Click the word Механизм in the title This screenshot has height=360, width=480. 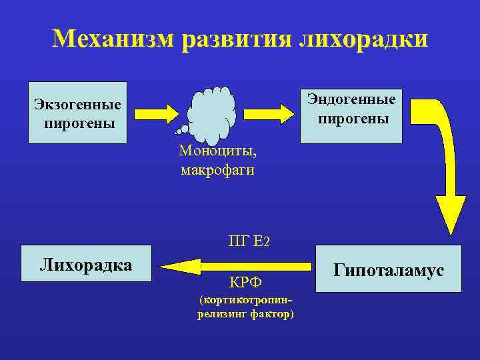pos(113,38)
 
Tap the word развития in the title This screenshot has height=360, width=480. pos(236,38)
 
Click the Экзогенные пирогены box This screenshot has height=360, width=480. pos(77,113)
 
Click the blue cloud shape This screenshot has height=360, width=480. pos(213,114)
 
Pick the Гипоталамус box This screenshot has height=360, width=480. pos(389,269)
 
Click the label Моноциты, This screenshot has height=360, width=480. pos(217,151)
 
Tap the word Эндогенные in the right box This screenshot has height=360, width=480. pos(351,99)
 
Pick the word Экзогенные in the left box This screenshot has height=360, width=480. pos(78,105)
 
